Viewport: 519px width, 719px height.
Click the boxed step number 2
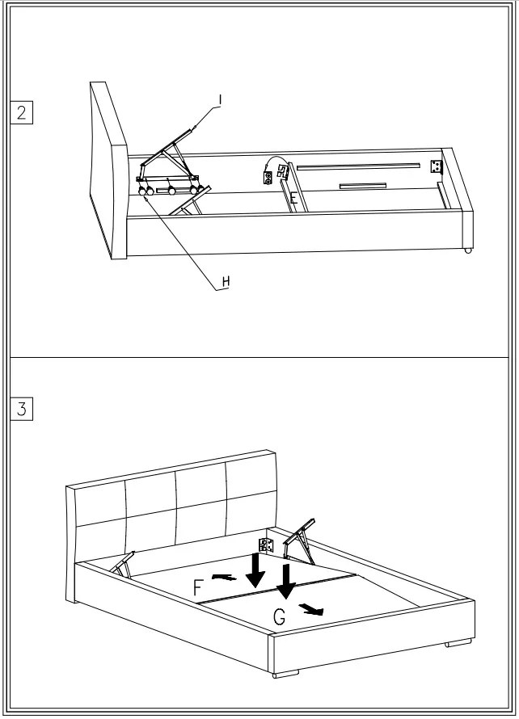pyautogui.click(x=21, y=111)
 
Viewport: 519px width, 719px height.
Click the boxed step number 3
pyautogui.click(x=21, y=409)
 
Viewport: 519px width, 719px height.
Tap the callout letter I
pyautogui.click(x=219, y=100)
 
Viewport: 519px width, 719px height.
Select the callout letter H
pyautogui.click(x=226, y=281)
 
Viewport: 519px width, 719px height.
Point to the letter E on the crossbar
pyautogui.click(x=294, y=197)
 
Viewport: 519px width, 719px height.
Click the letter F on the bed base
pyautogui.click(x=199, y=587)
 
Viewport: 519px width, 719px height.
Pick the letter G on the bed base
pyautogui.click(x=279, y=617)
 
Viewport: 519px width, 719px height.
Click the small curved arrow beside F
pyautogui.click(x=224, y=577)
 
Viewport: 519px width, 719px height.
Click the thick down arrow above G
pyautogui.click(x=285, y=580)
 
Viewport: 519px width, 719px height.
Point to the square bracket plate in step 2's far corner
pyautogui.click(x=437, y=167)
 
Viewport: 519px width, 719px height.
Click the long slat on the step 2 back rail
pyautogui.click(x=358, y=166)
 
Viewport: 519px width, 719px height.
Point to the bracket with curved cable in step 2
pyautogui.click(x=275, y=171)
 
